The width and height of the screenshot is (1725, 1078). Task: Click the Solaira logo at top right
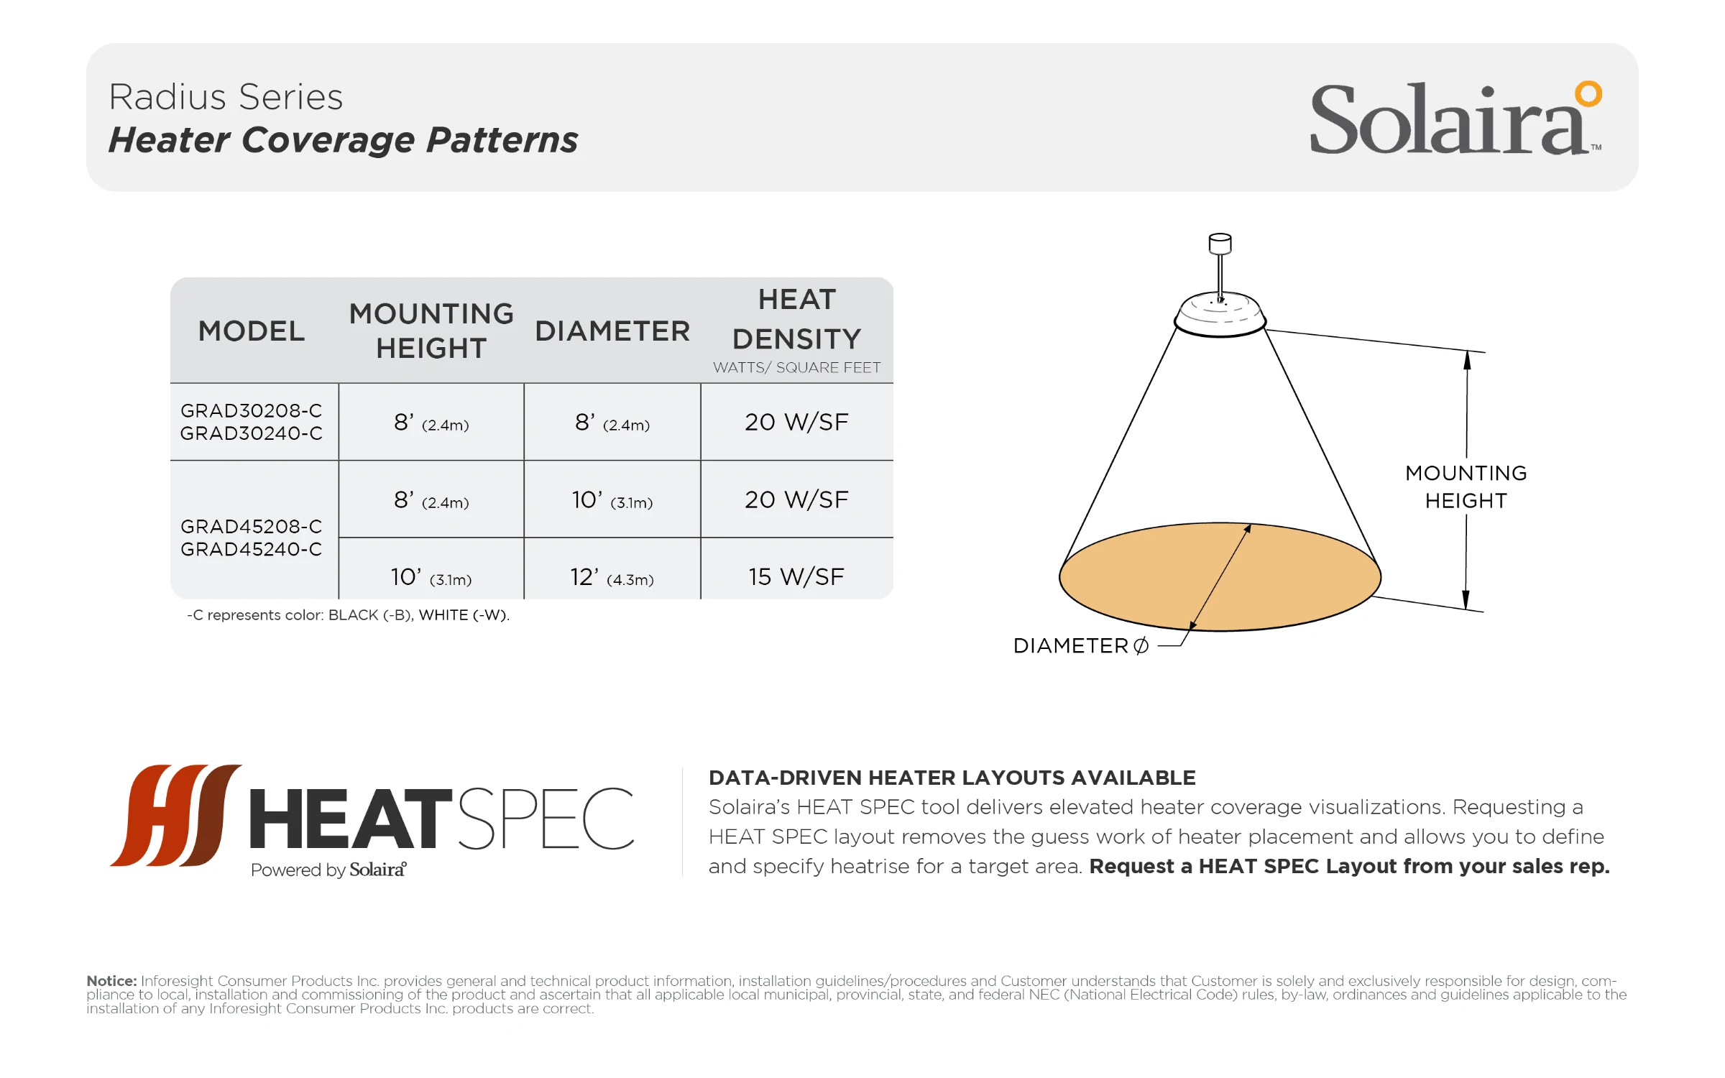pyautogui.click(x=1455, y=118)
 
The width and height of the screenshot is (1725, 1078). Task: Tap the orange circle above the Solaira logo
pyautogui.click(x=1588, y=93)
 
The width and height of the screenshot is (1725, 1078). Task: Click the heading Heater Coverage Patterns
pyautogui.click(x=343, y=140)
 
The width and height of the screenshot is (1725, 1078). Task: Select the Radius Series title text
pyautogui.click(x=226, y=97)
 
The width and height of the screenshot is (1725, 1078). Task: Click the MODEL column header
pyautogui.click(x=252, y=331)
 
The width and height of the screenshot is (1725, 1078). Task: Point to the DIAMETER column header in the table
pyautogui.click(x=612, y=331)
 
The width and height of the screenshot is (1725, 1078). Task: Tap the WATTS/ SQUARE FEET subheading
pyautogui.click(x=796, y=367)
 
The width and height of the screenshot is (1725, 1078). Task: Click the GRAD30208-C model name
pyautogui.click(x=252, y=410)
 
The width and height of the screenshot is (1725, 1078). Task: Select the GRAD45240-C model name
pyautogui.click(x=252, y=549)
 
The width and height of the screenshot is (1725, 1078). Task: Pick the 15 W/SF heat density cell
pyautogui.click(x=796, y=576)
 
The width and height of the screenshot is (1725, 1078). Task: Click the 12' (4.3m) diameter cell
pyautogui.click(x=612, y=577)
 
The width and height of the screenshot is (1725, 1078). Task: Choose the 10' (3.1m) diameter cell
pyautogui.click(x=612, y=500)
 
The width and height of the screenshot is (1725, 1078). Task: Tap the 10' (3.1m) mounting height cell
pyautogui.click(x=431, y=577)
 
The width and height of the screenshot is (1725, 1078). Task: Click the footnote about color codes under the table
pyautogui.click(x=348, y=615)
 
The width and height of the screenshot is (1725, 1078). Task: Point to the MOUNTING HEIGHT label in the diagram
pyautogui.click(x=1466, y=487)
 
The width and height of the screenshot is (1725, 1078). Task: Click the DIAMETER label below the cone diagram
pyautogui.click(x=1080, y=646)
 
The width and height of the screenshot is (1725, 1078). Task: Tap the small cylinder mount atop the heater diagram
pyautogui.click(x=1220, y=244)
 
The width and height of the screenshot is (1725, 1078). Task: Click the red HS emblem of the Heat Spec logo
pyautogui.click(x=176, y=815)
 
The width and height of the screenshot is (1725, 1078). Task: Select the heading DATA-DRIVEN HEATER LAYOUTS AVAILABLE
pyautogui.click(x=952, y=778)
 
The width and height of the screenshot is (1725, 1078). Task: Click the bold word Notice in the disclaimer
pyautogui.click(x=111, y=981)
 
